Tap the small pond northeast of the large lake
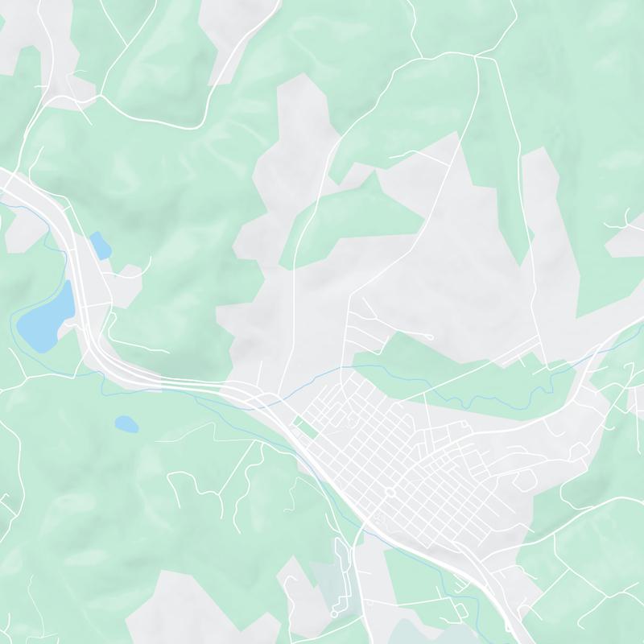coord(101,245)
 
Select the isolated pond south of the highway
coord(126,423)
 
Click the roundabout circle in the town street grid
coord(390,492)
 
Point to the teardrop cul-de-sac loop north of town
coord(428,336)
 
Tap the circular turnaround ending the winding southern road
coord(334,614)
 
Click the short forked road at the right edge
coord(627,217)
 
